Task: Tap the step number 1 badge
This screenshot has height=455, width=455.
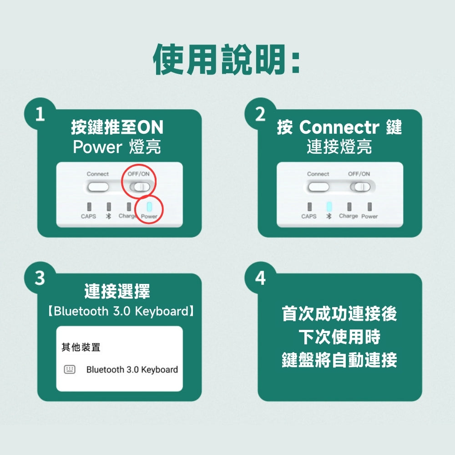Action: coord(40,113)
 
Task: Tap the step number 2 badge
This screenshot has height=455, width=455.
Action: coord(260,113)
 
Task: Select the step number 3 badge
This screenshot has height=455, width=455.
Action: coord(40,278)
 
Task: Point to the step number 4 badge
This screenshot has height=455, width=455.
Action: coord(260,278)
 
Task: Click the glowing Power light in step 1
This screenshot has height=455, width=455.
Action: coord(149,207)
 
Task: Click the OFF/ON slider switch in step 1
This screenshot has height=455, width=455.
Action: coord(140,187)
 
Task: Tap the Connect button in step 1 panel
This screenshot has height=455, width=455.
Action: coord(98,187)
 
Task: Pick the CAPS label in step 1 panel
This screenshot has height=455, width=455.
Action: coord(89,217)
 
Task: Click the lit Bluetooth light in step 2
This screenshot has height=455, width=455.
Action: coord(329,207)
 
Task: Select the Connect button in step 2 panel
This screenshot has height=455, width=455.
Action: coord(318,187)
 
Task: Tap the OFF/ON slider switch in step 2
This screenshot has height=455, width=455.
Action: coord(360,187)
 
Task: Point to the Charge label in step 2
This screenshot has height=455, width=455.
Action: coord(348,216)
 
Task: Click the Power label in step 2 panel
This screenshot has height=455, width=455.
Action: coord(369,217)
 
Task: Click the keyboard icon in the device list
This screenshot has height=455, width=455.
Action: coord(70,369)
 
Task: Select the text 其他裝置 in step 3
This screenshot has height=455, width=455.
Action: coord(81,347)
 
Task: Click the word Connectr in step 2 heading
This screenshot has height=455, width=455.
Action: coord(339,127)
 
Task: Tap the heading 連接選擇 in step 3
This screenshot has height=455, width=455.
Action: coord(117,291)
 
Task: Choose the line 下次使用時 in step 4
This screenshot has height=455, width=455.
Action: coord(339,337)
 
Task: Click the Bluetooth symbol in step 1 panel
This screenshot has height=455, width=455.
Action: coord(109,217)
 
